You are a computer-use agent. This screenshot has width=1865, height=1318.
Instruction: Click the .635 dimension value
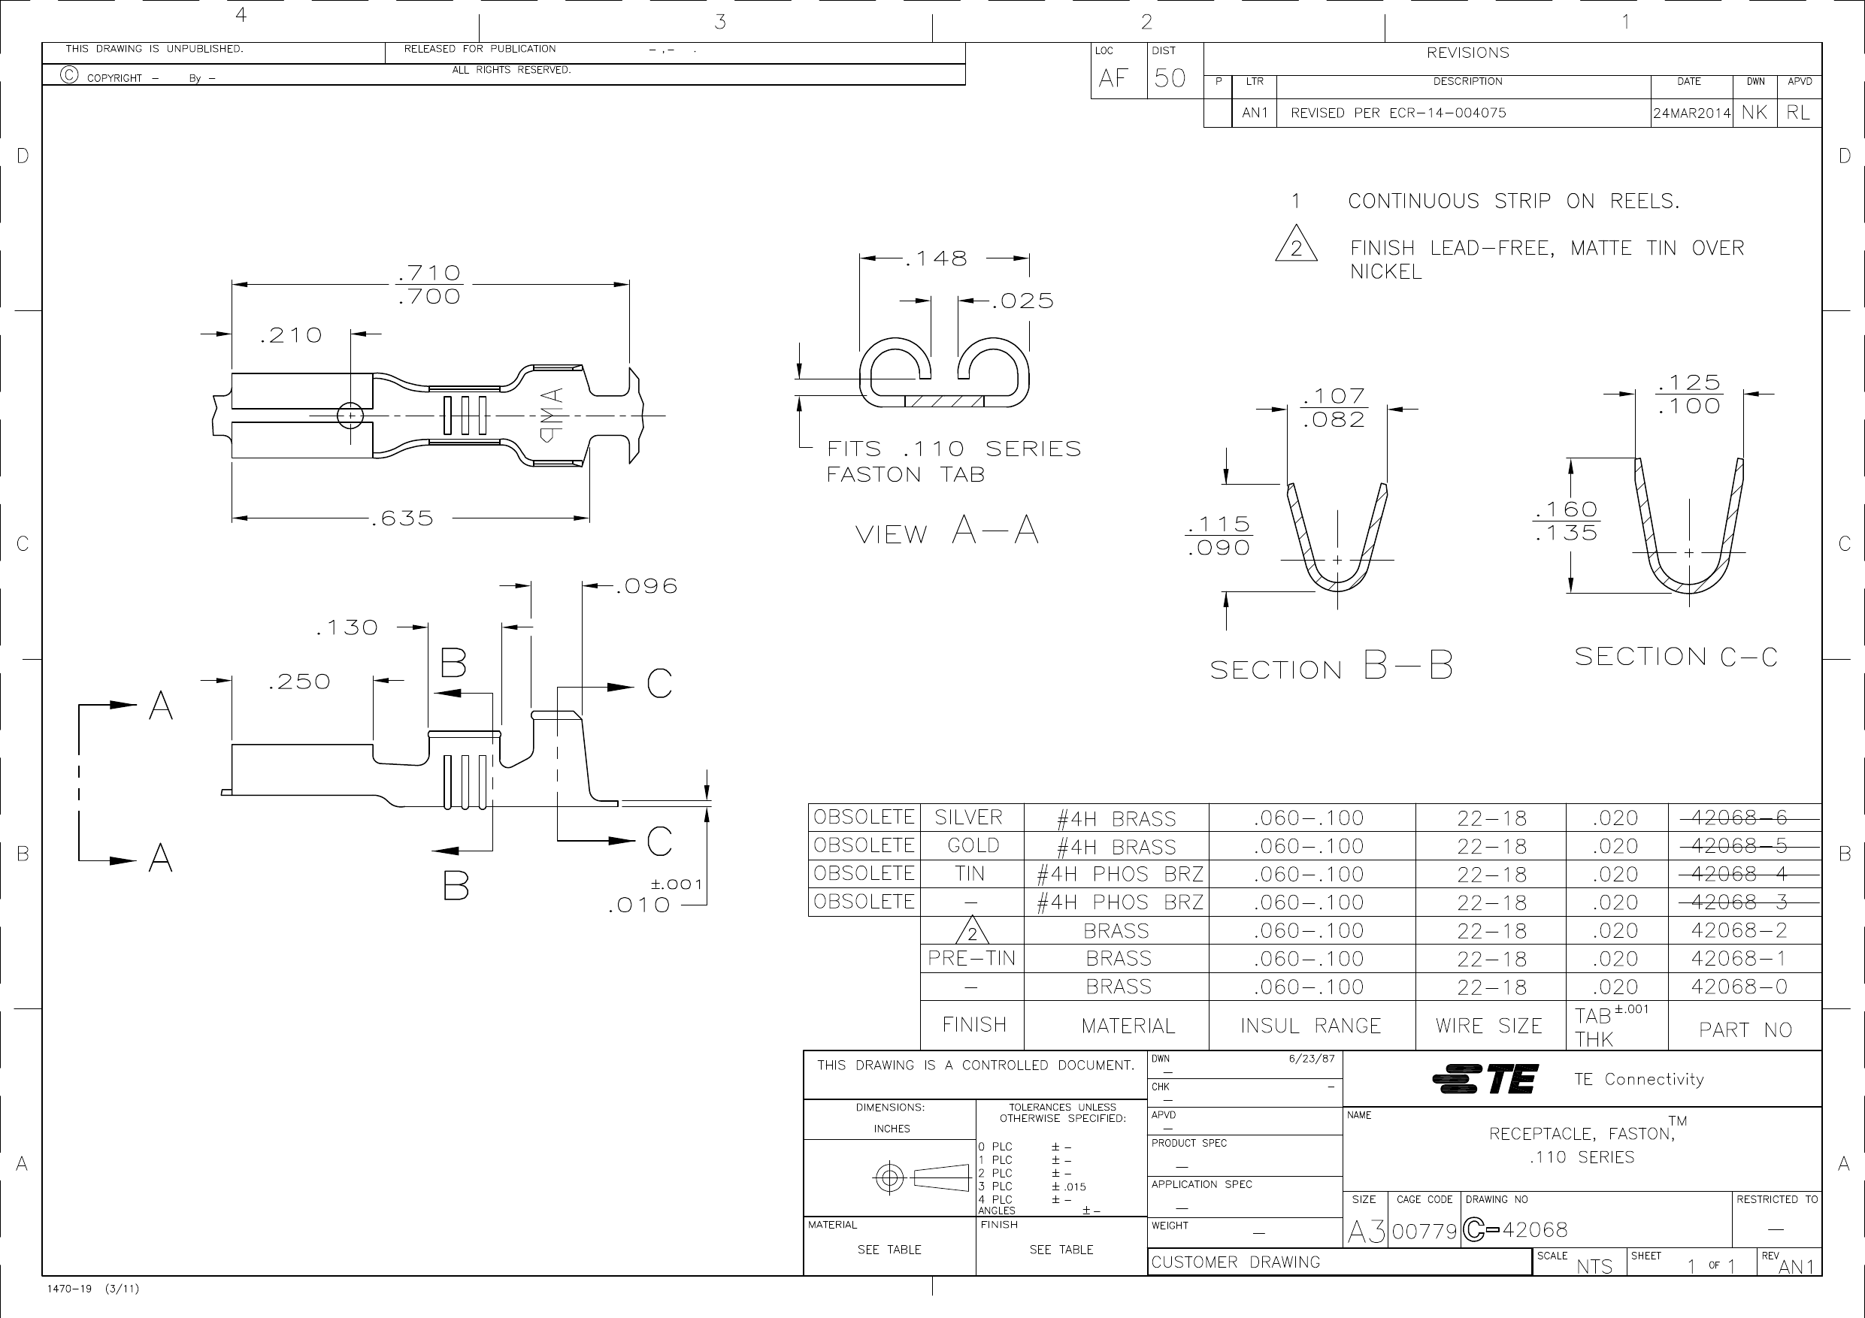[x=402, y=518]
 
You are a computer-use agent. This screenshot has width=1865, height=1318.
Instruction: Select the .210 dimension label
[x=291, y=335]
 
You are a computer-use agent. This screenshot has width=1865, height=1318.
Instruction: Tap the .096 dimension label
[x=646, y=586]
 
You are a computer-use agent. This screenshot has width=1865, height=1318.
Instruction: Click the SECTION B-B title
[x=1331, y=667]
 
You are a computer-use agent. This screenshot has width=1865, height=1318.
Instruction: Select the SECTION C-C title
[x=1675, y=656]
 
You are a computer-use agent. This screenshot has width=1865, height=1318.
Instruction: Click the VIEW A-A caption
[x=946, y=532]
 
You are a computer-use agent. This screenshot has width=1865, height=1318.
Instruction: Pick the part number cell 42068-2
[x=1738, y=930]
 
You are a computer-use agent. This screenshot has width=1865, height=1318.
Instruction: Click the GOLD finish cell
[x=972, y=846]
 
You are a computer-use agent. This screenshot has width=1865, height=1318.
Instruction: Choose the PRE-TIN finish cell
[x=971, y=958]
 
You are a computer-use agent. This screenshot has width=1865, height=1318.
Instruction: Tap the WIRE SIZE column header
[x=1489, y=1026]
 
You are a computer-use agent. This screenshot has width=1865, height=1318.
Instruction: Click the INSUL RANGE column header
[x=1310, y=1026]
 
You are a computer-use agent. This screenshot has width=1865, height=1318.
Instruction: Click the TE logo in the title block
[x=1484, y=1079]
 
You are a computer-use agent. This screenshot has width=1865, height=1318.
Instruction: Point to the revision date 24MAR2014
[x=1691, y=113]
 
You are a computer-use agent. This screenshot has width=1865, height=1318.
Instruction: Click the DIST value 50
[x=1170, y=78]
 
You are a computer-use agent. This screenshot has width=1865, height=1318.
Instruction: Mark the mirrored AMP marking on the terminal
[x=551, y=415]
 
